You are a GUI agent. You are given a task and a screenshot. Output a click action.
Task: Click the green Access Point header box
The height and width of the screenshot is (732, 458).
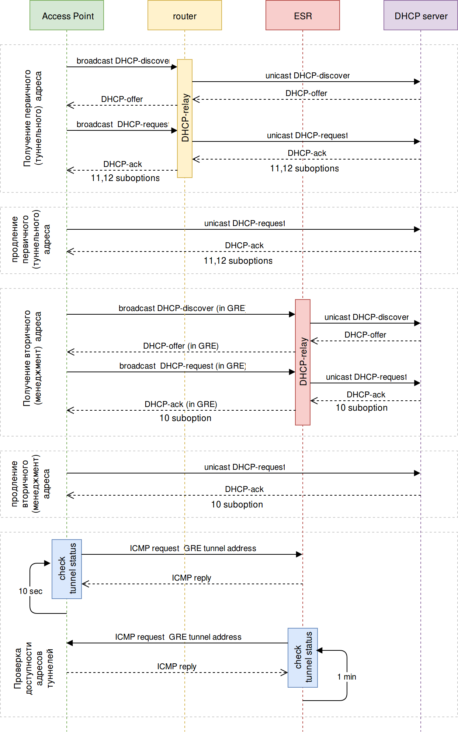[x=67, y=16]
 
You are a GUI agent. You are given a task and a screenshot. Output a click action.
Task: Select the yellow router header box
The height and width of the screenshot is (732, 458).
[x=185, y=16]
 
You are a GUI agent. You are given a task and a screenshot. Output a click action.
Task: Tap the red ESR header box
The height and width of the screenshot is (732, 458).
[x=303, y=16]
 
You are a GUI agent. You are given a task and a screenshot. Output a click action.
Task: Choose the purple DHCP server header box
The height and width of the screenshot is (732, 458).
[x=421, y=16]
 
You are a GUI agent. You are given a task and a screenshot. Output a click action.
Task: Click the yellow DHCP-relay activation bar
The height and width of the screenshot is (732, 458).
[x=185, y=118]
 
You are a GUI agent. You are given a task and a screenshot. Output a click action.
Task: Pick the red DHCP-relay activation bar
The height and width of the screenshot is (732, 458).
[x=303, y=362]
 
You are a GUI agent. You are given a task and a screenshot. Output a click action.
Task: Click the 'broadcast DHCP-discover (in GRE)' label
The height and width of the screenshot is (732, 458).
[x=182, y=308]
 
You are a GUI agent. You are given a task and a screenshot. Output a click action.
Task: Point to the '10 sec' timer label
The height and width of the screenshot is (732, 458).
[x=31, y=591]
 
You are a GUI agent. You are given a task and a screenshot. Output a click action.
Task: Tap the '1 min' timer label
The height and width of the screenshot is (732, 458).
[x=347, y=677]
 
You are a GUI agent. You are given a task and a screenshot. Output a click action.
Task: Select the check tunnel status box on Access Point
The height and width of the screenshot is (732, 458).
[x=67, y=569]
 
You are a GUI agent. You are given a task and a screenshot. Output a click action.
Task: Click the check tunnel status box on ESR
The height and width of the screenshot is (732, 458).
[x=303, y=657]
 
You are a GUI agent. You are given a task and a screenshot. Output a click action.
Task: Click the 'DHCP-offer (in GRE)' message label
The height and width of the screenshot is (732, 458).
[x=181, y=346]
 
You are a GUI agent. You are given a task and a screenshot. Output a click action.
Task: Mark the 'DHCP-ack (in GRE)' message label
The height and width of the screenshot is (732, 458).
[x=181, y=404]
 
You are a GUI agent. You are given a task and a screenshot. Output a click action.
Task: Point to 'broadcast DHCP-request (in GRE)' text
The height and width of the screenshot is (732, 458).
[x=183, y=366]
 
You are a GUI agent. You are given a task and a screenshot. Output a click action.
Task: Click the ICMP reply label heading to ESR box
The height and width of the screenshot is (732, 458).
[x=177, y=667]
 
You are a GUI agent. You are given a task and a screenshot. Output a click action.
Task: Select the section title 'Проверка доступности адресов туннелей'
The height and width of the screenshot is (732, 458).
[x=34, y=668]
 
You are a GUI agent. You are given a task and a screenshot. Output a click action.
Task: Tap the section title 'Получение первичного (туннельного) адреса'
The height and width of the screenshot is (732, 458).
[x=32, y=118]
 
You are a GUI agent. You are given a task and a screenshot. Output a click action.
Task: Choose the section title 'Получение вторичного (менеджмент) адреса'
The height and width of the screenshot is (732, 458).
[x=32, y=358]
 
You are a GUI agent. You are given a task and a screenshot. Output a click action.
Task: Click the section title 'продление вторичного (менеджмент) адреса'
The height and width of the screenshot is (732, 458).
[x=30, y=484]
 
